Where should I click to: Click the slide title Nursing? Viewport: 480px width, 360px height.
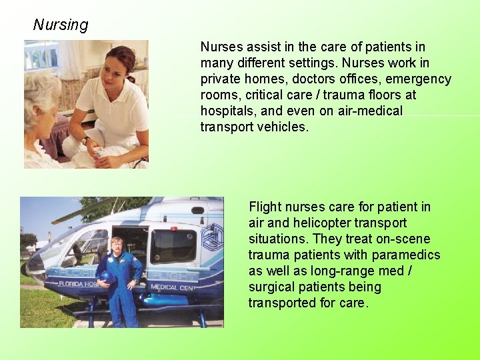pyautogui.click(x=61, y=25)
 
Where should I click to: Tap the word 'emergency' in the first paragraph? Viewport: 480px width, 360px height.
pyautogui.click(x=419, y=79)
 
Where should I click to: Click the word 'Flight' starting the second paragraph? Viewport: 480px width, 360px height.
pyautogui.click(x=266, y=207)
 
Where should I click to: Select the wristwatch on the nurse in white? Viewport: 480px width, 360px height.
pyautogui.click(x=87, y=140)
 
